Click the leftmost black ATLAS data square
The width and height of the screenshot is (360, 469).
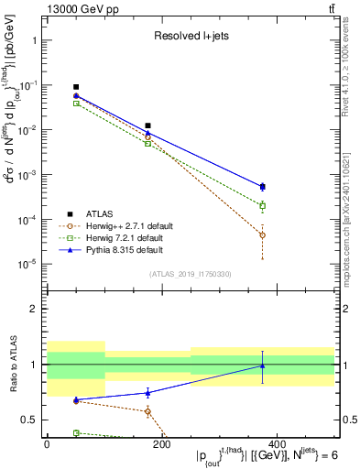click(x=76, y=87)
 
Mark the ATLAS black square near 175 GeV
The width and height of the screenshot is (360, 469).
click(x=147, y=125)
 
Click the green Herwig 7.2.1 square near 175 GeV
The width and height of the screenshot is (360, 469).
click(x=147, y=143)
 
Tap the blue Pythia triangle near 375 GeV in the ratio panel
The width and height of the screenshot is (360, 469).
click(x=262, y=366)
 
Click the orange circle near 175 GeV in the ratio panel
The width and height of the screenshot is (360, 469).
click(x=147, y=411)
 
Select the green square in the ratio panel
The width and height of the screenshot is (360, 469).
click(x=76, y=432)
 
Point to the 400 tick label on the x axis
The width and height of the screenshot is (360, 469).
click(x=276, y=445)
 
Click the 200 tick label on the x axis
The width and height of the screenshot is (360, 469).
click(x=161, y=445)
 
